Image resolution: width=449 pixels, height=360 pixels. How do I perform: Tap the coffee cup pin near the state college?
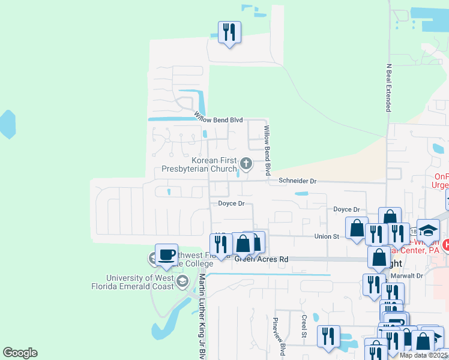[166, 254]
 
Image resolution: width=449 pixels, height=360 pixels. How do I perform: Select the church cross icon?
[246, 163]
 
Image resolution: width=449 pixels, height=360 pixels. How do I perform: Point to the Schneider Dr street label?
[297, 181]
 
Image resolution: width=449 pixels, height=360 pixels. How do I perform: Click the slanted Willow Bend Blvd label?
[218, 117]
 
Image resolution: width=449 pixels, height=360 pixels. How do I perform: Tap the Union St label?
[327, 236]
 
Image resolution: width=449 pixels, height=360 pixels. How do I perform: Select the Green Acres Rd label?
[262, 259]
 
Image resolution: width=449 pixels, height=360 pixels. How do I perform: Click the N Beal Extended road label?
[388, 87]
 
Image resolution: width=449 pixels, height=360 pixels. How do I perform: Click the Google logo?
[20, 353]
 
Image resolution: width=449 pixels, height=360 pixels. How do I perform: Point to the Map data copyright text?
[424, 355]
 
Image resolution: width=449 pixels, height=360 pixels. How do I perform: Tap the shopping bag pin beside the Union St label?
[357, 229]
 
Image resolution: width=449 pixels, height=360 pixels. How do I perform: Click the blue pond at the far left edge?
[7, 124]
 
